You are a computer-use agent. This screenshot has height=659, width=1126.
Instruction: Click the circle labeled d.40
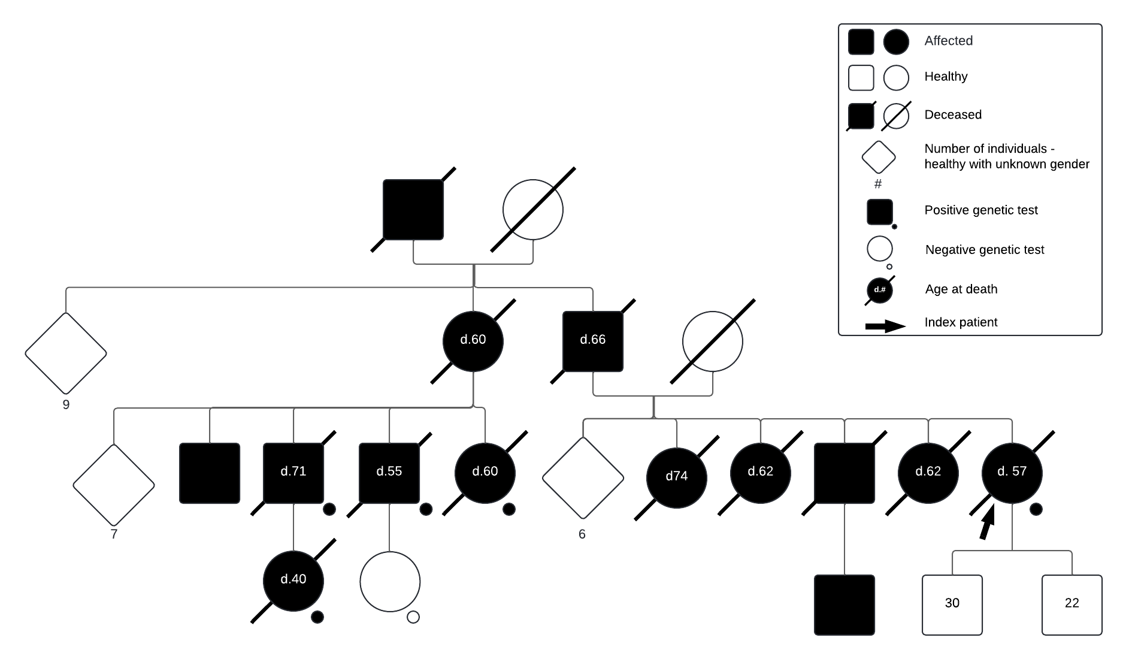(293, 581)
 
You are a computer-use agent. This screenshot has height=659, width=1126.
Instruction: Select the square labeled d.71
(293, 473)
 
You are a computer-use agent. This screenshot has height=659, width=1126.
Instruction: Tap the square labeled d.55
(389, 473)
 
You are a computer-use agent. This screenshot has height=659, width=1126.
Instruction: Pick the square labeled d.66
(593, 341)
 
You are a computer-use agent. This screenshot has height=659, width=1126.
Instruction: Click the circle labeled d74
(677, 477)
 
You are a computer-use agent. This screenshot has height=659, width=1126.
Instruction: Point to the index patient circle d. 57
(1012, 473)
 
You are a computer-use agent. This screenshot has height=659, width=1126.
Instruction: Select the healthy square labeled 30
(952, 604)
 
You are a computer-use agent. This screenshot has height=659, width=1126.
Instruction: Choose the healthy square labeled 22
(1072, 604)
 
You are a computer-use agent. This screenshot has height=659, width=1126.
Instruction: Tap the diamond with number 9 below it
(66, 353)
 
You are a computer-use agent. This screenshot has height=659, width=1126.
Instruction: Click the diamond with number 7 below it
(114, 485)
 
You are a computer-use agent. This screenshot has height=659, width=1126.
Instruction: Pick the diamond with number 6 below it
(583, 477)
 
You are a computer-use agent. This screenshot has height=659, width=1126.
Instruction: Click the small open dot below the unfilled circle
(413, 616)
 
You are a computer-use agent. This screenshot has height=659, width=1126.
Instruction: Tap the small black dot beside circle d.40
(317, 616)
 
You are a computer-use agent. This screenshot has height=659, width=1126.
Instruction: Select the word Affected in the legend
(948, 41)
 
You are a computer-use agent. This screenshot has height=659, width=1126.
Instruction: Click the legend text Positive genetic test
(980, 210)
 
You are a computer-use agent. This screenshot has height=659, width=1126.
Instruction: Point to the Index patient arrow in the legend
(885, 326)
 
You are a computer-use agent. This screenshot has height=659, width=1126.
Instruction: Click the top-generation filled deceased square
(413, 209)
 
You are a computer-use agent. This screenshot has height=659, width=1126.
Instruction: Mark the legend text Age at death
(961, 289)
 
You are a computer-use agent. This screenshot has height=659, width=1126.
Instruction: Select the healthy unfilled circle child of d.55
(390, 582)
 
